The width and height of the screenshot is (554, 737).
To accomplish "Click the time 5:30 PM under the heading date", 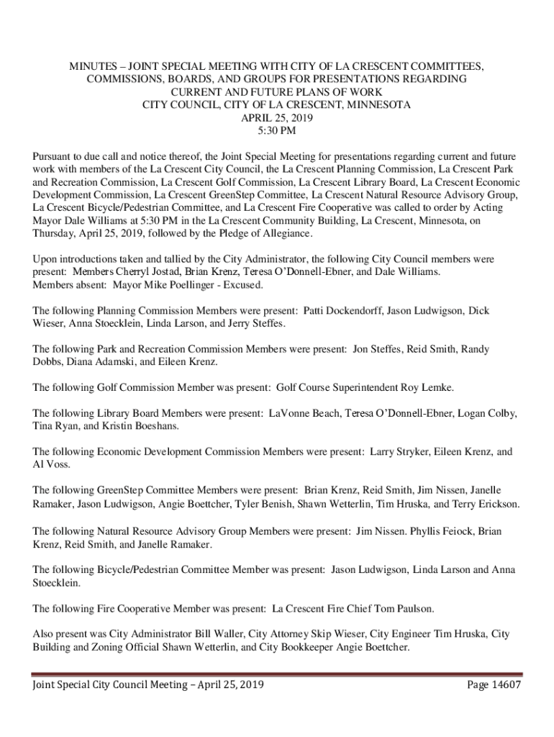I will [x=276, y=131].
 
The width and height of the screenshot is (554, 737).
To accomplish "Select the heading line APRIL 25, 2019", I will [x=276, y=118].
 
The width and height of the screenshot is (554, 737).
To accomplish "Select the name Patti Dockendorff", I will [x=342, y=311].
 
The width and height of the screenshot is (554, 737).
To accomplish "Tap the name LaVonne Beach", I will [x=304, y=414].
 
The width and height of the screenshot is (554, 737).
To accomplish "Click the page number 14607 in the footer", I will [x=504, y=684].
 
